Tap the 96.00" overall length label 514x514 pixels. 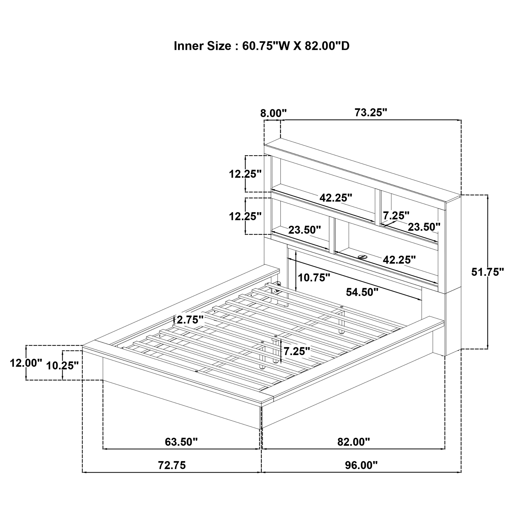(x=361, y=465)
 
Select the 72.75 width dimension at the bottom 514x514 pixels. (x=172, y=465)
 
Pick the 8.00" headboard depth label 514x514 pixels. (x=273, y=113)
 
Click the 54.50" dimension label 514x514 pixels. (x=362, y=292)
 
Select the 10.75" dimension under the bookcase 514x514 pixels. (x=314, y=278)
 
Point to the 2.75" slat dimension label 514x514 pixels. (x=190, y=320)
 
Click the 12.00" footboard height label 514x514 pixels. (x=26, y=363)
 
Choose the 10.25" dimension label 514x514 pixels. (x=62, y=366)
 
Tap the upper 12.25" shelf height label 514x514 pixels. (x=245, y=174)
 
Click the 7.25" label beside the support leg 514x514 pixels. (x=297, y=351)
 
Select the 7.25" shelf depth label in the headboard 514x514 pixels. (x=396, y=215)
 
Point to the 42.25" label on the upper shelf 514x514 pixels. (x=336, y=198)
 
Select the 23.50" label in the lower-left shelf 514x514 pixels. (x=305, y=230)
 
